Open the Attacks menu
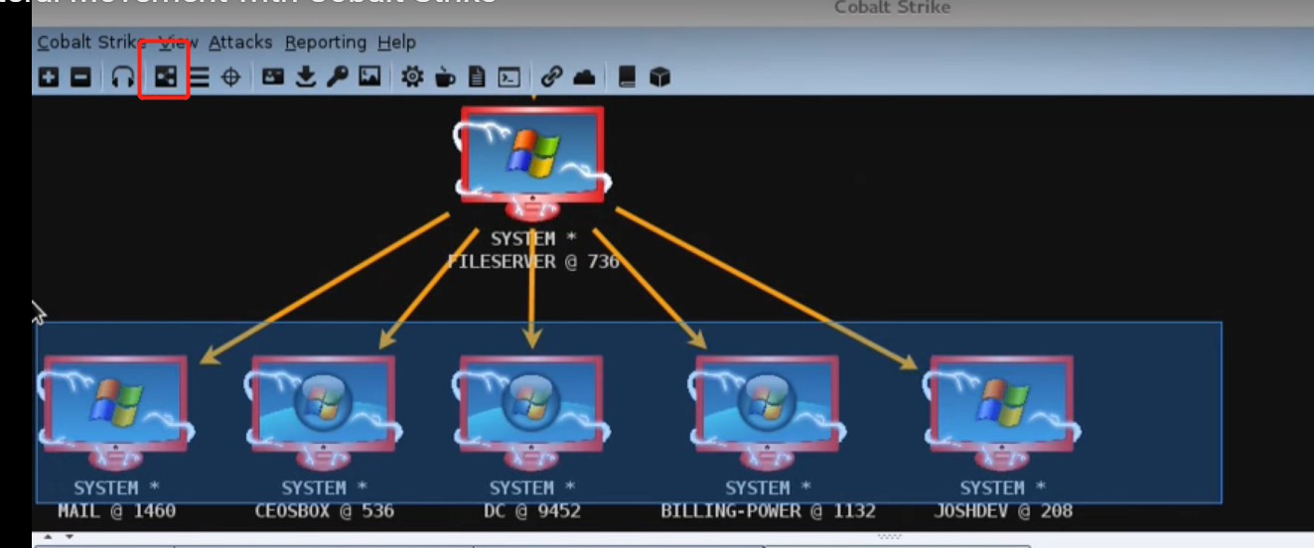[x=240, y=43]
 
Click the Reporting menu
[x=325, y=43]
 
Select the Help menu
[x=396, y=43]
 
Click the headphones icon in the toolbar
[x=123, y=76]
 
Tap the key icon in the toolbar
[x=338, y=76]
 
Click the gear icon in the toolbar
[x=412, y=76]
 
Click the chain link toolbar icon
[x=551, y=76]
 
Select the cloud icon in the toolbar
[x=585, y=76]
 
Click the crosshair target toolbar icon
[x=230, y=76]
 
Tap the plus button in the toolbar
[x=49, y=76]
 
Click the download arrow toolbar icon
[x=306, y=76]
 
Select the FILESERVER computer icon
[x=531, y=159]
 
